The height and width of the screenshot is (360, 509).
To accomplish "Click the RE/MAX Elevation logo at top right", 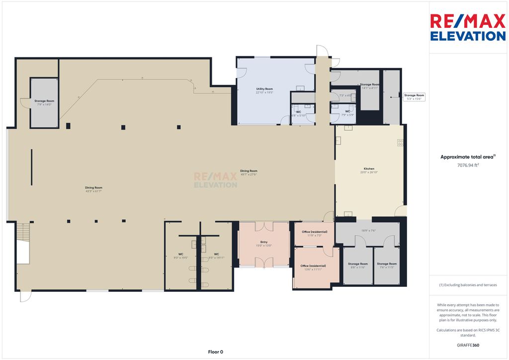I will tap(467, 27).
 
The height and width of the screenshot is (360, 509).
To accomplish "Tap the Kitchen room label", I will tap(368, 169).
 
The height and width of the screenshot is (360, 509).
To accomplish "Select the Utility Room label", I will tap(264, 89).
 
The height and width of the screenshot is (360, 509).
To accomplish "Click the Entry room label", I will tap(264, 242).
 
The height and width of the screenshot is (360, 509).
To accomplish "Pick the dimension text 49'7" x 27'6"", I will tap(249, 174).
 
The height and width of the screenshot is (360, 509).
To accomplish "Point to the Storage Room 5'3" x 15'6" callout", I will tap(414, 97).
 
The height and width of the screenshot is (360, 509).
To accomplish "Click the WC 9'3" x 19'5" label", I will tap(181, 256).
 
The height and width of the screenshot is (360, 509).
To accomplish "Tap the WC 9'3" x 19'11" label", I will tap(217, 256).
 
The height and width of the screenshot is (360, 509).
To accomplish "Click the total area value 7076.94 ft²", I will tap(467, 165).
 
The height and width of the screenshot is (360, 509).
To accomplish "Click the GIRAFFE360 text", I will tap(467, 345).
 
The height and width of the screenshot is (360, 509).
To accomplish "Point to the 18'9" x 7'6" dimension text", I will tap(368, 230).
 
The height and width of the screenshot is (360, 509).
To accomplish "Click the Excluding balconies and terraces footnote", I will tap(467, 285).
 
